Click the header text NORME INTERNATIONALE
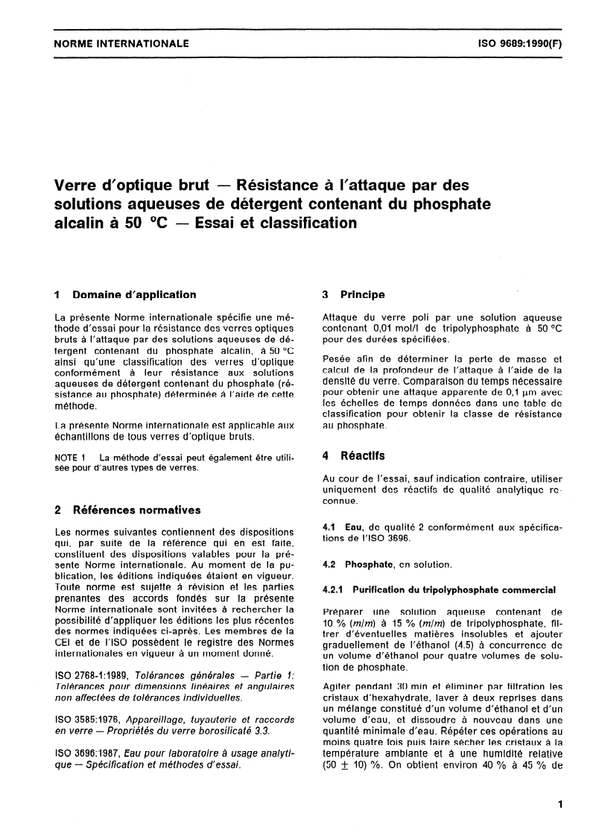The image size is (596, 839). pyautogui.click(x=121, y=44)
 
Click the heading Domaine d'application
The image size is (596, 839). pyautogui.click(x=135, y=294)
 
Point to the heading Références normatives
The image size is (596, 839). pyautogui.click(x=138, y=510)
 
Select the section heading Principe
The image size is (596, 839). pyautogui.click(x=363, y=294)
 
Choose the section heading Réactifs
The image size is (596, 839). pyautogui.click(x=363, y=454)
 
